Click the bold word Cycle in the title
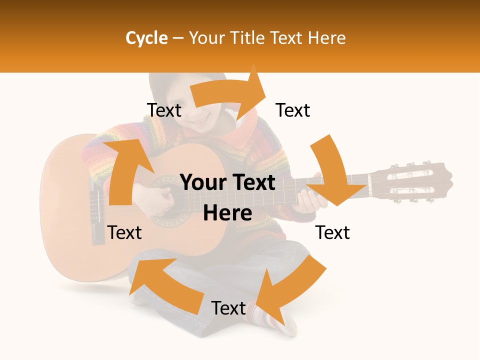pyautogui.click(x=146, y=38)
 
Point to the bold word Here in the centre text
pyautogui.click(x=227, y=213)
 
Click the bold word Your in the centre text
pyautogui.click(x=202, y=183)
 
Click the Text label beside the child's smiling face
pyautogui.click(x=164, y=110)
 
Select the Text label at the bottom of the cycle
pyautogui.click(x=228, y=308)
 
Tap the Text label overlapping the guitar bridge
pyautogui.click(x=124, y=232)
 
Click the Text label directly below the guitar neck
pyautogui.click(x=332, y=232)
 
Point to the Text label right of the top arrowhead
pyautogui.click(x=293, y=110)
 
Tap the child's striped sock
pyautogui.click(x=272, y=317)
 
